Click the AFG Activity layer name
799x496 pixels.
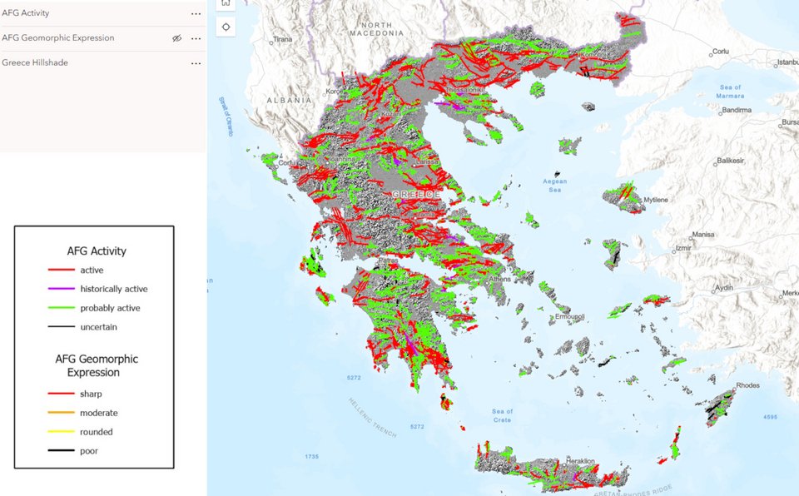tap(26, 13)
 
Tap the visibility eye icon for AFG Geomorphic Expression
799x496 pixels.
tap(176, 38)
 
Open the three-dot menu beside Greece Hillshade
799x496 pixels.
tap(196, 63)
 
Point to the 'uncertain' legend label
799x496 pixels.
tap(98, 327)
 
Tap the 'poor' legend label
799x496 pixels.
tap(90, 451)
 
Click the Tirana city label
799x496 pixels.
tap(283, 39)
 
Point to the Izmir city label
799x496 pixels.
tap(684, 248)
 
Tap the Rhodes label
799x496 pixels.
tap(747, 385)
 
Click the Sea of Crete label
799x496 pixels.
tap(503, 415)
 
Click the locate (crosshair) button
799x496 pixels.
tap(226, 27)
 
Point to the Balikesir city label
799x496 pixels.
tap(729, 160)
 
